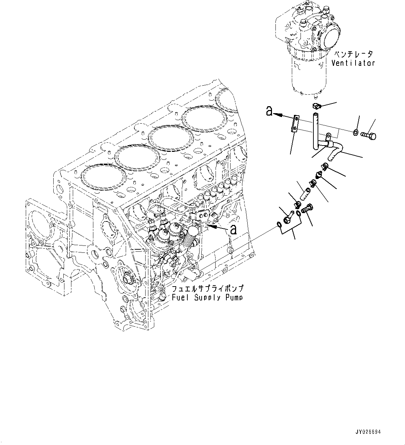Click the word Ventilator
[353, 63]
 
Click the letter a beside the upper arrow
[269, 111]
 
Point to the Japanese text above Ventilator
[353, 54]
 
